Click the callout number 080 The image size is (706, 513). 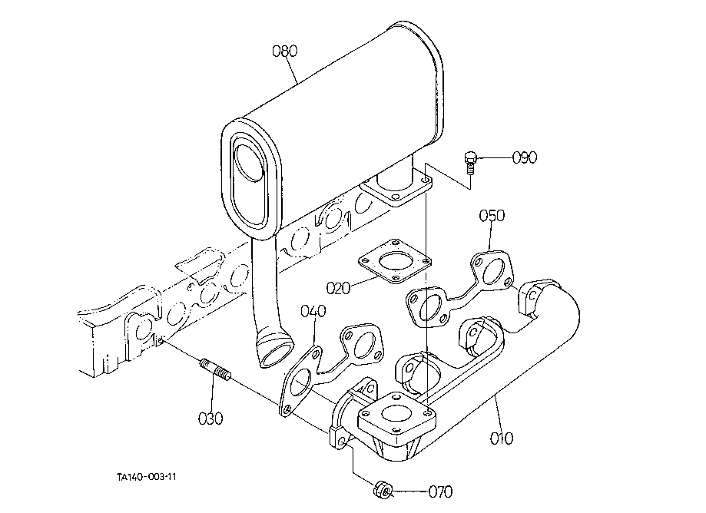[x=285, y=51]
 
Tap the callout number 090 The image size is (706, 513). [x=525, y=157]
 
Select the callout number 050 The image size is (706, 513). [x=492, y=216]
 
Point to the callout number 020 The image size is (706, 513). [x=338, y=288]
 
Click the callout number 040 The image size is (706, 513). [x=313, y=311]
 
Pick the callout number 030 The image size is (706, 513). [x=210, y=419]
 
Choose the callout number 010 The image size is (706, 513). [x=501, y=438]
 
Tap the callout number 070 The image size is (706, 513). [x=440, y=491]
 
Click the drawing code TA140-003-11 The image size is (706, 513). [x=146, y=477]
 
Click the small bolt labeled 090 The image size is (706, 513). [x=469, y=164]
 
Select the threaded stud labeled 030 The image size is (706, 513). [x=215, y=369]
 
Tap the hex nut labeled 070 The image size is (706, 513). [x=383, y=489]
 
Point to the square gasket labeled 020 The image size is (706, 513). [x=395, y=261]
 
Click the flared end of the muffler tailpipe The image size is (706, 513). [x=275, y=349]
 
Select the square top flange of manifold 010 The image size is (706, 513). [x=396, y=418]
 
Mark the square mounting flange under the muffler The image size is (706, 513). [x=396, y=189]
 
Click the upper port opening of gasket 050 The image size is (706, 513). [x=492, y=269]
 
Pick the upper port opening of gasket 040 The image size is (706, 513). [x=363, y=344]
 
